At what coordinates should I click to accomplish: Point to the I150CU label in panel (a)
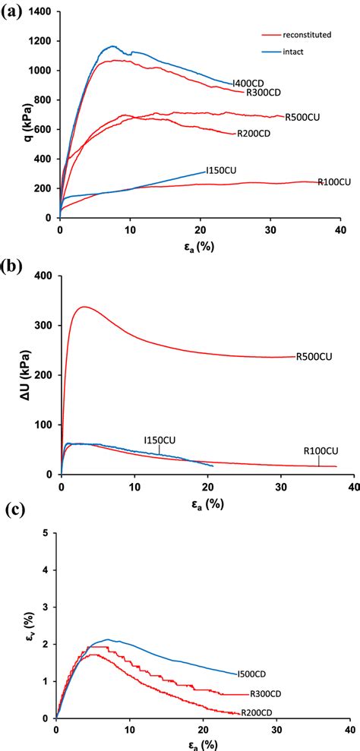click(x=221, y=172)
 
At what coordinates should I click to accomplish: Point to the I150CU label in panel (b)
click(x=159, y=440)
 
